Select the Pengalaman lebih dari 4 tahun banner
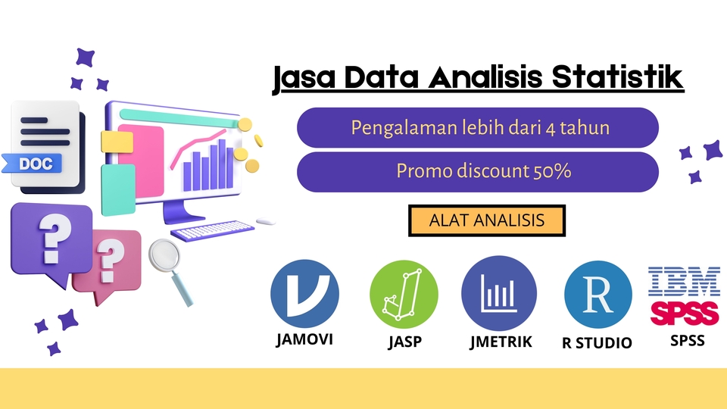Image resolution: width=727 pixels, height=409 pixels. point(478,127)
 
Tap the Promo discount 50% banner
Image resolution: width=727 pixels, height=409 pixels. point(478,172)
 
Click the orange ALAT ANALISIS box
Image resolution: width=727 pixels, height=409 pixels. point(487,220)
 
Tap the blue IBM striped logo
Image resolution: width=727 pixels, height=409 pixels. point(685,280)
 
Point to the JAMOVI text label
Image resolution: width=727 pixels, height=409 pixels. point(304,339)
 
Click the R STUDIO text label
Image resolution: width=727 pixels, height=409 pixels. point(597,343)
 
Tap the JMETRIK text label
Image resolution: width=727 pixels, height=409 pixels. point(501,342)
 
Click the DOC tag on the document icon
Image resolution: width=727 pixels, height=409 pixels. point(36,163)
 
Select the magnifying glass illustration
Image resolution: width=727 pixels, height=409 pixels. point(171,265)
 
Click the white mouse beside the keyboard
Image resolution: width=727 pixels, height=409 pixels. point(265,222)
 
